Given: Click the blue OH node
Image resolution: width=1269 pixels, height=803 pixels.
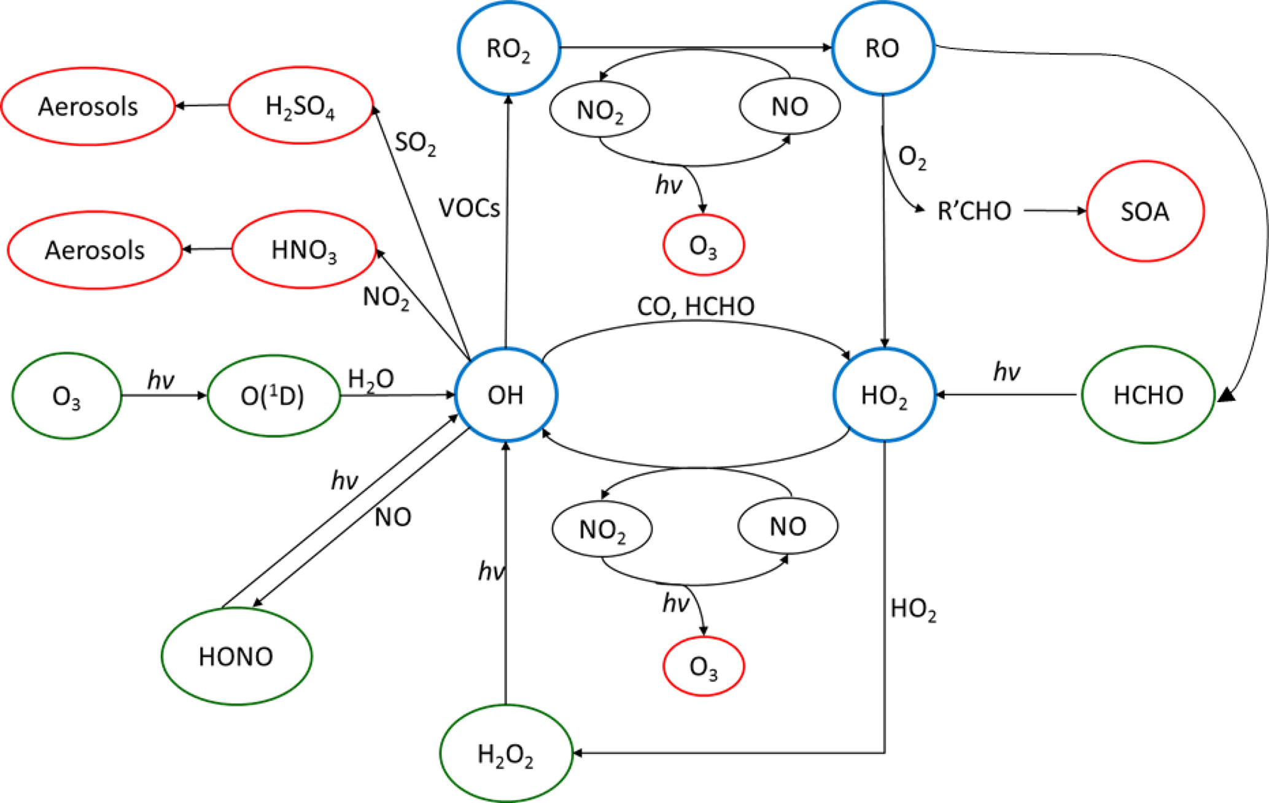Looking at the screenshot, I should tap(506, 395).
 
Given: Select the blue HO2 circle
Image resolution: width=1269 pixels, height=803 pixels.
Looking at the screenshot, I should tap(884, 395).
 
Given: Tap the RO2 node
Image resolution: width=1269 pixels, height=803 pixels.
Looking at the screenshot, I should tap(508, 48).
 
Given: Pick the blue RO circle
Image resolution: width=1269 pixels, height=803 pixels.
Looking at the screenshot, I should tap(883, 48).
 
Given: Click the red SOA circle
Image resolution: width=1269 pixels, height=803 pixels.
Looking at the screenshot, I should tap(1145, 211).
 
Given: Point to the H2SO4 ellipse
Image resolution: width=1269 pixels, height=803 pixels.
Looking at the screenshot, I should tap(300, 106).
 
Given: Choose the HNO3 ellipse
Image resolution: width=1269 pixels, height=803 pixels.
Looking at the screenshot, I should tap(304, 250).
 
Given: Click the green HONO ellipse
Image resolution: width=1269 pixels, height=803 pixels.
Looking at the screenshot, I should tap(236, 656).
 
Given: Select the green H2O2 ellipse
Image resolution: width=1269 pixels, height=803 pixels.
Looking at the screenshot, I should tap(506, 753).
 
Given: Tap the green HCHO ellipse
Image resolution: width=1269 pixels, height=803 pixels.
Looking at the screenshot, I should tap(1148, 395).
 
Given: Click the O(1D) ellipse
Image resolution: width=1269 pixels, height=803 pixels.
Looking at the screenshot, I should tap(273, 396).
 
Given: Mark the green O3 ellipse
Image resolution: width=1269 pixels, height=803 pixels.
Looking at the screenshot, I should tap(66, 396).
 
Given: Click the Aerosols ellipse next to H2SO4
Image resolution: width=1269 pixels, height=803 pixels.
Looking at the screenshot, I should tap(88, 106).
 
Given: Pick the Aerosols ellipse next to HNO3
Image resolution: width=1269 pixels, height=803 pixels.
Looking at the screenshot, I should tap(95, 250).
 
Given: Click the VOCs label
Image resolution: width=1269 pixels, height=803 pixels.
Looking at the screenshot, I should tap(469, 209).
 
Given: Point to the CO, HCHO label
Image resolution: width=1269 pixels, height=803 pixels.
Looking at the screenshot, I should tap(696, 306).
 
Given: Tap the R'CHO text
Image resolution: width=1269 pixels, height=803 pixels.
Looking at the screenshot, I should tap(974, 211).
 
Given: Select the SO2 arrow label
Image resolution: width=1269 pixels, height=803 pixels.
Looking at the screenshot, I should tap(415, 143).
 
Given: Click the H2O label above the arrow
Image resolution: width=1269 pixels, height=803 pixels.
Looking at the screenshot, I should tap(370, 379).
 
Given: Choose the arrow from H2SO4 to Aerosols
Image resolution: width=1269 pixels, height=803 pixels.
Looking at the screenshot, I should tap(202, 106).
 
